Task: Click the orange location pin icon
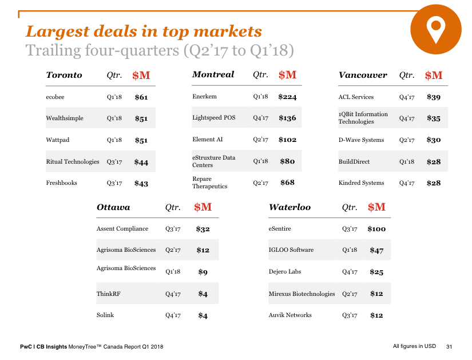[435, 30]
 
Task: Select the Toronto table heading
[64, 75]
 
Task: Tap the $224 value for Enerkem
[287, 97]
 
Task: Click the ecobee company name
[55, 97]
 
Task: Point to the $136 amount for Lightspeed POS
[287, 118]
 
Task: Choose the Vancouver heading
[363, 75]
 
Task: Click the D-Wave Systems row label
[361, 140]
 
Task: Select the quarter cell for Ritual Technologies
[114, 162]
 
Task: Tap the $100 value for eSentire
[376, 229]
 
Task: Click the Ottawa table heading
[113, 207]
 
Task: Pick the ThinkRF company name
[108, 294]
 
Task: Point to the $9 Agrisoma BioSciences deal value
[203, 272]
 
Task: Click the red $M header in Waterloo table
[376, 207]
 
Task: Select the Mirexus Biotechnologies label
[302, 294]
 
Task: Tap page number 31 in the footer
[449, 347]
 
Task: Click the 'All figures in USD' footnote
[414, 346]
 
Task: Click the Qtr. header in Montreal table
[260, 74]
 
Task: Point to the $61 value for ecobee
[141, 97]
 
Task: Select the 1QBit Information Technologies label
[363, 118]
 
